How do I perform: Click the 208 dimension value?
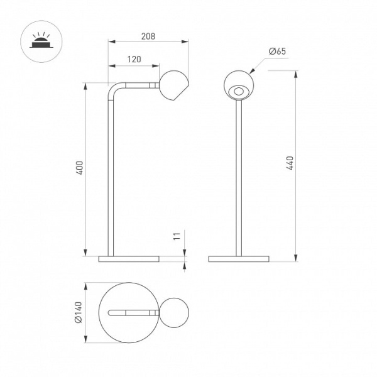coord(148,36)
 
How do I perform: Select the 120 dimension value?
coord(134,59)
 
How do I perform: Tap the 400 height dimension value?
coord(80,168)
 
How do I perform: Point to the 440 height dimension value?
coord(290,163)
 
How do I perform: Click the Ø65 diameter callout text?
coord(277,52)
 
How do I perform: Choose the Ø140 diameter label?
coord(79,312)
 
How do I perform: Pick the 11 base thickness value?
coord(177,236)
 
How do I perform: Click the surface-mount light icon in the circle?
coord(41,41)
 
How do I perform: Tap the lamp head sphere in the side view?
coord(174,85)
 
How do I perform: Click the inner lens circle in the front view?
coord(239,92)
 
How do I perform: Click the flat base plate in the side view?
coord(129,259)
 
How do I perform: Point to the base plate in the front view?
coord(239,259)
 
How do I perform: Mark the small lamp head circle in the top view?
coord(174,312)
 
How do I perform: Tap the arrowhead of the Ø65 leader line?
coord(252,71)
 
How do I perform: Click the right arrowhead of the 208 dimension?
coord(185,41)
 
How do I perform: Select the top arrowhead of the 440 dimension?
coord(296,74)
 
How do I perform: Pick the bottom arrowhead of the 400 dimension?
coord(85,253)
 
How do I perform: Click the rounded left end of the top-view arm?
coord(109,312)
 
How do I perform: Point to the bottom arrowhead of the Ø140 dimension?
coord(85,339)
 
